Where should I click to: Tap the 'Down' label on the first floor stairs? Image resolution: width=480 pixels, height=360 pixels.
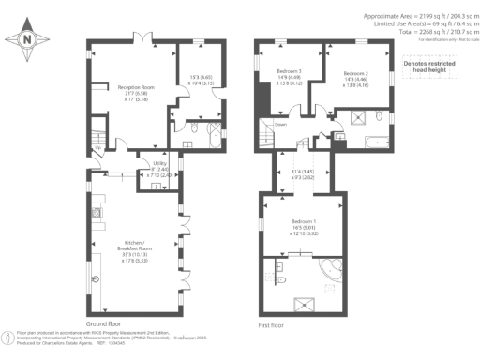coord(280,124)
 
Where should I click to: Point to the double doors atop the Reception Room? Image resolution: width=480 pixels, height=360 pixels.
coord(142,37)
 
